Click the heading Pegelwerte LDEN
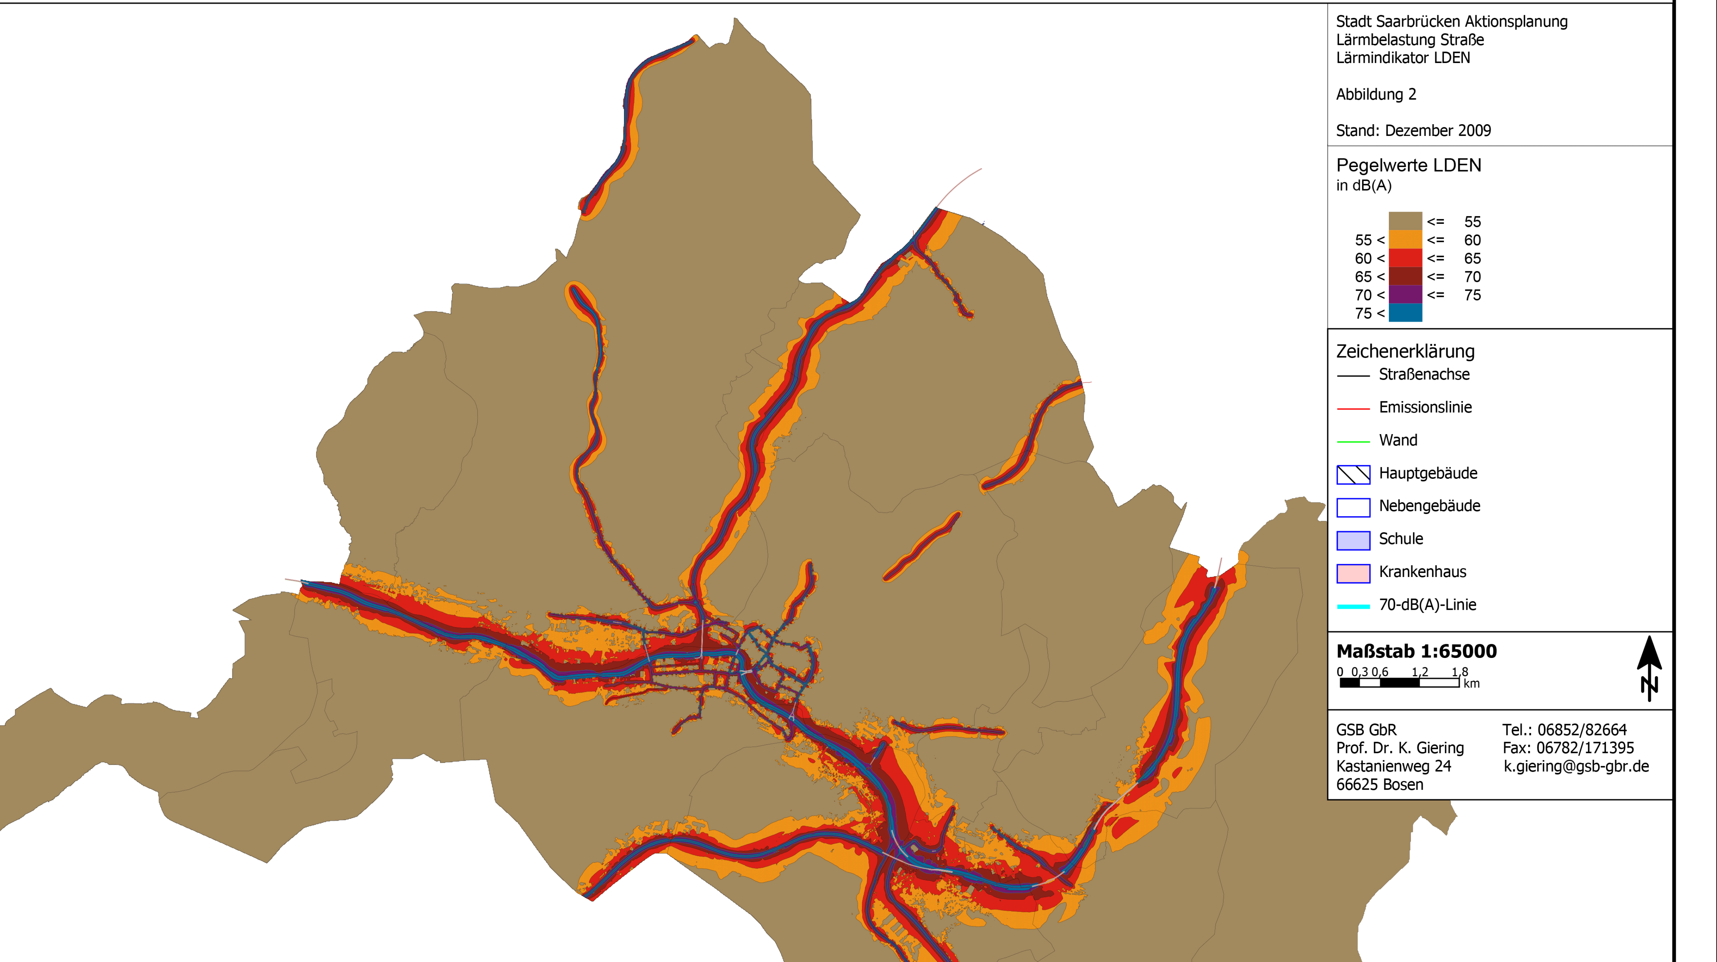coord(1409,165)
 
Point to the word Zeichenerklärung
coord(1405,351)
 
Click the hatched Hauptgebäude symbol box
coord(1353,474)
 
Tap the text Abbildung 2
coord(1376,94)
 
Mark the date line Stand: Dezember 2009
coord(1413,130)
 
